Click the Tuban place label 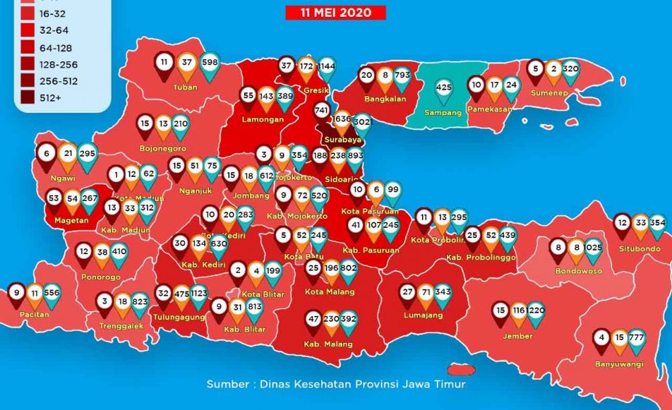point(184,87)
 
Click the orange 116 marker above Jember point(517,311)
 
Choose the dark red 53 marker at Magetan point(54,200)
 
